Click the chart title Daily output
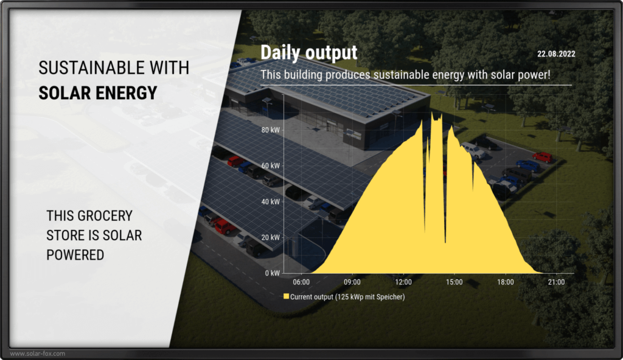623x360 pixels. [308, 53]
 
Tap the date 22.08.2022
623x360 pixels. [556, 54]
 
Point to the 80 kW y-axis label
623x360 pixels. [271, 130]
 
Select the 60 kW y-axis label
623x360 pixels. [271, 165]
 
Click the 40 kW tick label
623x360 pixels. [271, 201]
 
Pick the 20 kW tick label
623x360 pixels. [271, 237]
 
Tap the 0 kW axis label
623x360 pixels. [273, 273]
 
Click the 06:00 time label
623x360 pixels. [301, 282]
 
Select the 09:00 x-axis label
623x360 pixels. [352, 282]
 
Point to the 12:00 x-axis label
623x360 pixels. [403, 282]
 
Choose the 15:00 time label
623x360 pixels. [454, 282]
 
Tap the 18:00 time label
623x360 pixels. [506, 282]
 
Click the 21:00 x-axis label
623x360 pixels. [556, 282]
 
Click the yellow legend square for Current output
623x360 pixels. [286, 296]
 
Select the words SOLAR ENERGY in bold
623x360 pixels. [98, 93]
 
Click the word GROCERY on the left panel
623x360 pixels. [105, 216]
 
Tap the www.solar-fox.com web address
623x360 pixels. [37, 353]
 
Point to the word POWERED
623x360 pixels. [75, 255]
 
